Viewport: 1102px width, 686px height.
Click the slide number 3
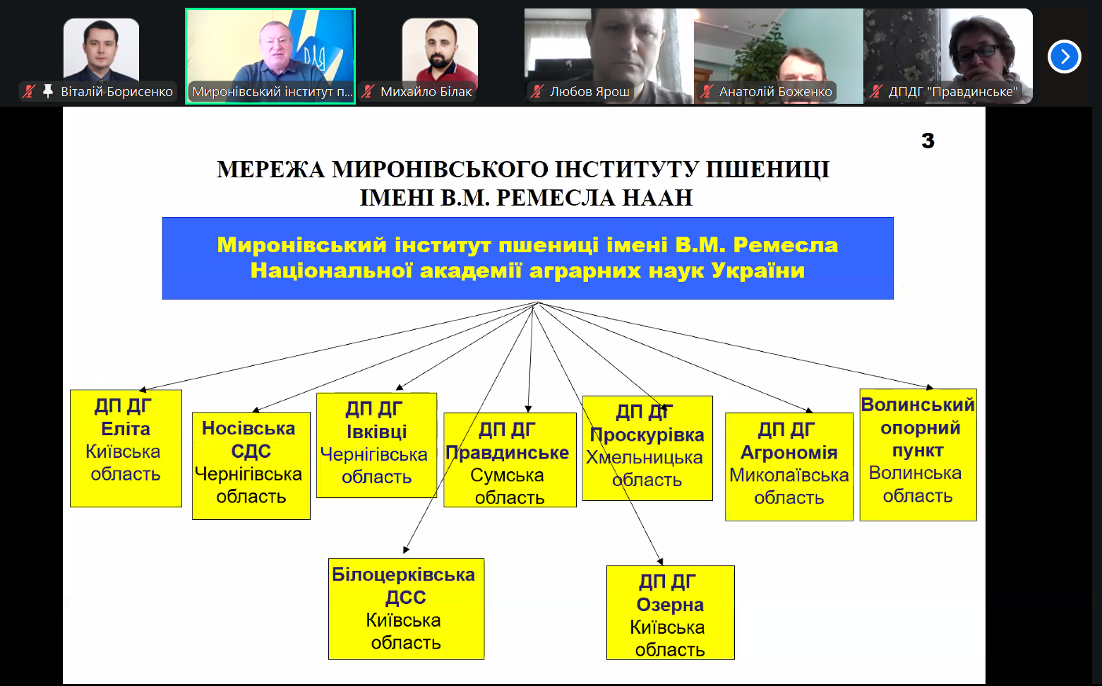coord(928,141)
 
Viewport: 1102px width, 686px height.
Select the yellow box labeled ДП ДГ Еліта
coord(126,448)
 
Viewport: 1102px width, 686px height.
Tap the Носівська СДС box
coord(251,466)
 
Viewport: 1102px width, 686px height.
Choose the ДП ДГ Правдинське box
coord(510,460)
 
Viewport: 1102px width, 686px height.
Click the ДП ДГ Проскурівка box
coord(647,448)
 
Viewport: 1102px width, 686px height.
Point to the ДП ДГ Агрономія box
coord(789,466)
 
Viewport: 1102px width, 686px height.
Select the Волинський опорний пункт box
coord(918,454)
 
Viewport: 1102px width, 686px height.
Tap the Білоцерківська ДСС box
coord(406,608)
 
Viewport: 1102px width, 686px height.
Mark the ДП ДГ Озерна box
coord(670,612)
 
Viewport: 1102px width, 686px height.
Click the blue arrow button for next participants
coord(1065,57)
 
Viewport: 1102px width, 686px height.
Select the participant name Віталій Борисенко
coord(116,92)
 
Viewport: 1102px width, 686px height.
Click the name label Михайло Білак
coord(426,92)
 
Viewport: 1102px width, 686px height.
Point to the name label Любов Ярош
coord(589,92)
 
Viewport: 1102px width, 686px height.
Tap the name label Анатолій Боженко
coord(775,92)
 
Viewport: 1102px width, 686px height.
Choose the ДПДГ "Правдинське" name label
coord(952,92)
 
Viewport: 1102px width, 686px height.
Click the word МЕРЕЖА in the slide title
coord(270,170)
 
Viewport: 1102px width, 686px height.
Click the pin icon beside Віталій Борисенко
coord(48,91)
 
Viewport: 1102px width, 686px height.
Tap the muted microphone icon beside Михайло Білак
coord(368,91)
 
